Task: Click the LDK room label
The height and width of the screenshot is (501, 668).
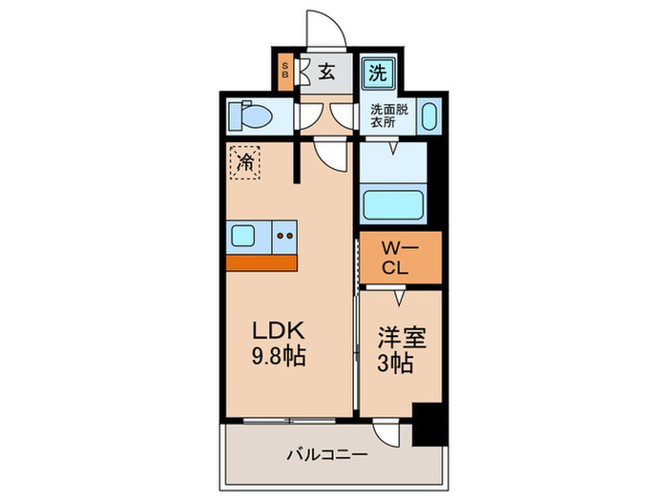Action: point(278,330)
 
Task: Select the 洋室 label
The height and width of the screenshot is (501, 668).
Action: point(400,337)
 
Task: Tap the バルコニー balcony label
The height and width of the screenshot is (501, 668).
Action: point(326,455)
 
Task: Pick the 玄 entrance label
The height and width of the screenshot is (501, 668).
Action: point(326,72)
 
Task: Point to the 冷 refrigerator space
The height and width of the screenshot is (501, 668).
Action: point(245,161)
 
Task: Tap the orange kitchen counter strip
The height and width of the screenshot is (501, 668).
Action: point(261,261)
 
